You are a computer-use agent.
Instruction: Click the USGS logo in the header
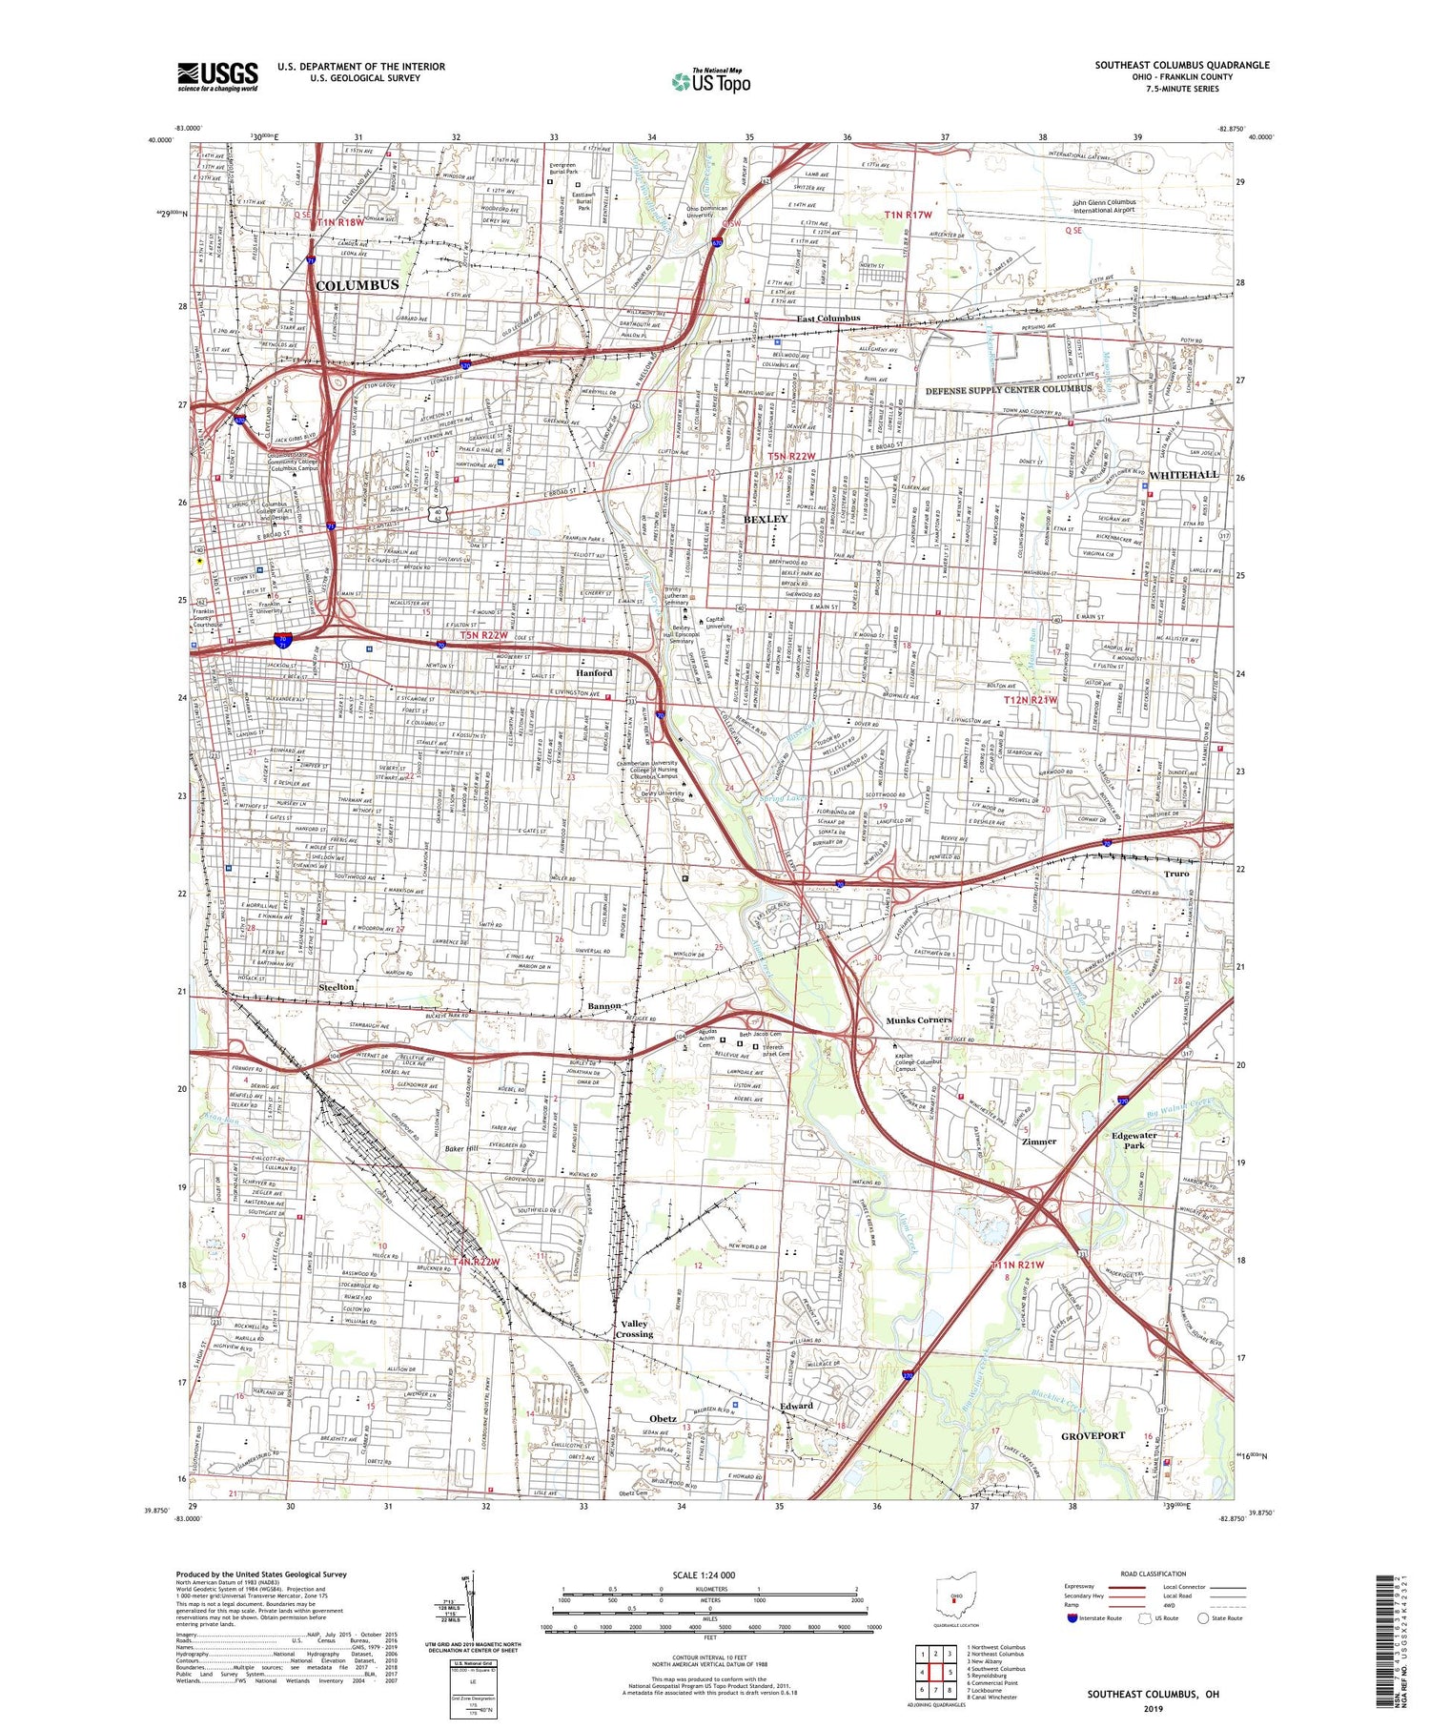click(217, 76)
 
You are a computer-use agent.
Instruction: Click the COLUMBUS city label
click(357, 285)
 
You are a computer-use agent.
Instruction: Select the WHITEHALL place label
click(1183, 475)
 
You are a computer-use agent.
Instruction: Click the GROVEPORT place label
click(1093, 1435)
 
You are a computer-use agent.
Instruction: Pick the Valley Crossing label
click(634, 1328)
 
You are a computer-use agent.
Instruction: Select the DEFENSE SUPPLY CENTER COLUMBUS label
click(1009, 389)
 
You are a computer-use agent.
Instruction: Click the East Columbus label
click(828, 319)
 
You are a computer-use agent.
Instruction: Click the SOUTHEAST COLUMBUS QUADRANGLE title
click(1181, 65)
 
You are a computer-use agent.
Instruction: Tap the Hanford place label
click(593, 672)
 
